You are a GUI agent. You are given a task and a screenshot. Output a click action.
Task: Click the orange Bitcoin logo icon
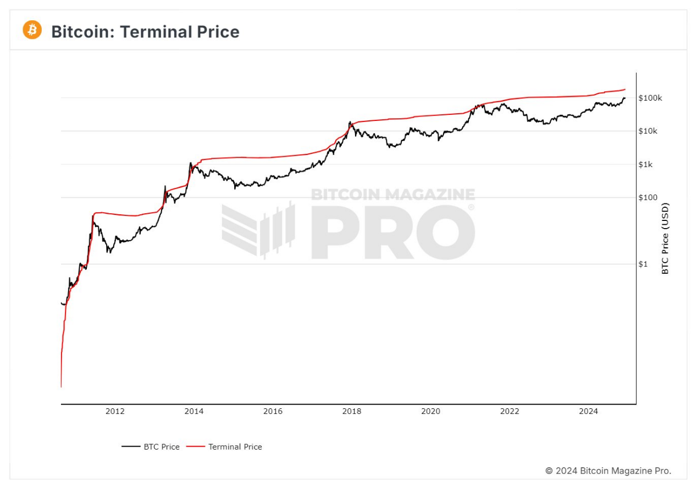point(32,30)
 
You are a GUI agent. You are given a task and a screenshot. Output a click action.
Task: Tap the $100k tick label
point(651,98)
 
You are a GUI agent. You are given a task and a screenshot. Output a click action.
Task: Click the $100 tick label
point(648,197)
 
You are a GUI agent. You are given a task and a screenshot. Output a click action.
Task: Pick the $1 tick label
point(643,264)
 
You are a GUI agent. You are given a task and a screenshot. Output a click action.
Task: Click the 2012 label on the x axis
point(115,411)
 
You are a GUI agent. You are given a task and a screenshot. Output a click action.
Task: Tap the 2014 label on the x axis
point(194,411)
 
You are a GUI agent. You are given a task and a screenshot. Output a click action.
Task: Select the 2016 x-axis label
point(273,411)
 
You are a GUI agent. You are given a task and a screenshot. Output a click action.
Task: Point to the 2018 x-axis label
point(352,411)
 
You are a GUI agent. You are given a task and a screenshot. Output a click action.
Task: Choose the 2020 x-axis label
point(431,411)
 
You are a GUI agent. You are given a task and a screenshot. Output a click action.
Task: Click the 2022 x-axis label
point(510,411)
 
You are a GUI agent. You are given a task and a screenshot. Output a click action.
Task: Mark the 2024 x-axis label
point(589,411)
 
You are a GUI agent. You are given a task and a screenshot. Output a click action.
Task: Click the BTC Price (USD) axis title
point(665,239)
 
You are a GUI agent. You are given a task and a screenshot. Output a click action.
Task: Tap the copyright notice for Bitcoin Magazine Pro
point(608,471)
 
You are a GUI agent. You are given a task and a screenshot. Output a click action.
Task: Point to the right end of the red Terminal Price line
point(625,89)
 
